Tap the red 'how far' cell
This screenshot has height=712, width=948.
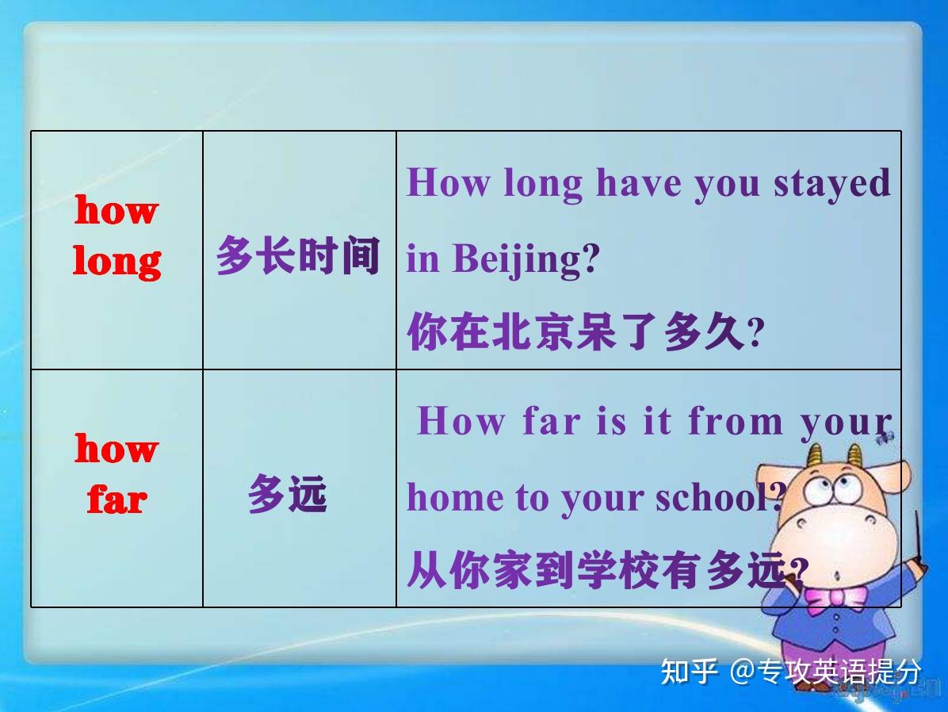click(117, 474)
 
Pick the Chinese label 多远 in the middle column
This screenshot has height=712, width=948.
click(287, 495)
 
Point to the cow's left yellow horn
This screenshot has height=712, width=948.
click(814, 459)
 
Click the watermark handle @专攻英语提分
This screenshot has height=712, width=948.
click(826, 672)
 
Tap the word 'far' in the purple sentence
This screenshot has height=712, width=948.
click(550, 420)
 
